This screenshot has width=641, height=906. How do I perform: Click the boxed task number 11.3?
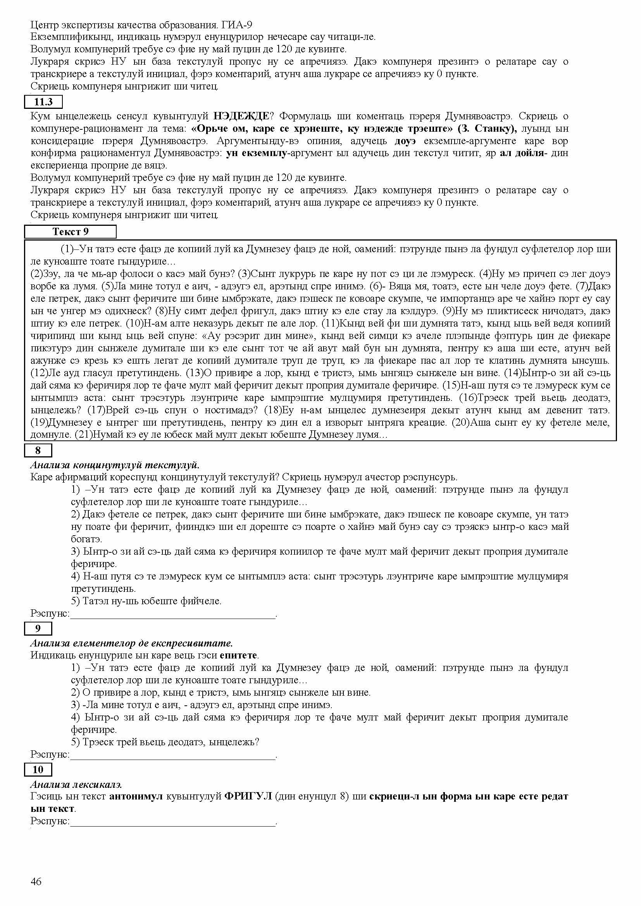43,102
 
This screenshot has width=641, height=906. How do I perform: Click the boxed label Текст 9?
70,232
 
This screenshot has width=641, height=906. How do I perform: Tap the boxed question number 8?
38,450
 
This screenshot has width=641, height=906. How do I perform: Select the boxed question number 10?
38,769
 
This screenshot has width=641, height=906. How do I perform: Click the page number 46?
36,881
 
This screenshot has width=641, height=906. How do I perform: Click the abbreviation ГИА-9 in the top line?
237,25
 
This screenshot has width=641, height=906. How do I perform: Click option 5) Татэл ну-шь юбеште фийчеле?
146,601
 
